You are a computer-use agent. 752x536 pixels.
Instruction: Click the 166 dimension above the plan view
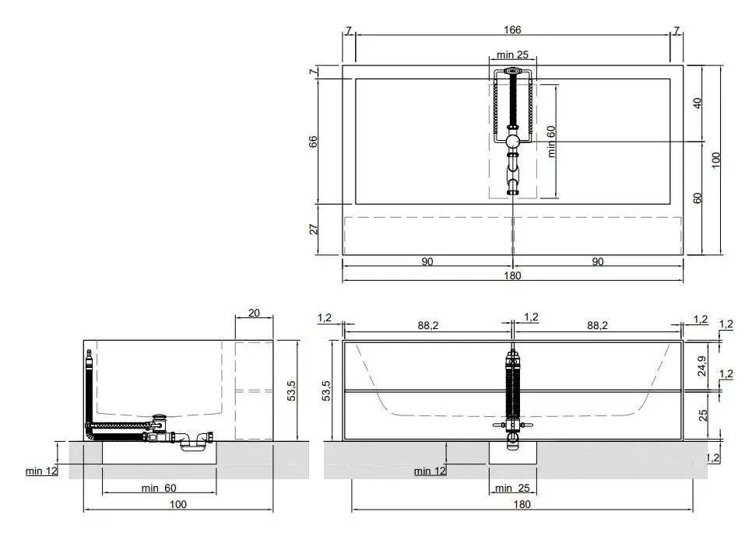[x=512, y=30]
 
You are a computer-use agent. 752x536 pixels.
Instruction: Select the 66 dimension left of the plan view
[x=313, y=142]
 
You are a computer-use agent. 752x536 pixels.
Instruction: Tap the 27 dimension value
[x=313, y=229]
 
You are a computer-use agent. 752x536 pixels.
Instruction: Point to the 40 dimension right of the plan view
[x=698, y=103]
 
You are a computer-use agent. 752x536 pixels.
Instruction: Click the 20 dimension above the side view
[x=254, y=313]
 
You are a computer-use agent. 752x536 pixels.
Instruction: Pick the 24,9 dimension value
[x=703, y=366]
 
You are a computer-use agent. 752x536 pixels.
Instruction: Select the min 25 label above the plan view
[x=512, y=54]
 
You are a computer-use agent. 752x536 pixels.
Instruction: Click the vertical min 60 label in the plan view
[x=551, y=142]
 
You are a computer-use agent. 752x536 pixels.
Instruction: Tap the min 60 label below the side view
[x=159, y=488]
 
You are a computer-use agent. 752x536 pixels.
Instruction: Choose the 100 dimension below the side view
[x=178, y=504]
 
